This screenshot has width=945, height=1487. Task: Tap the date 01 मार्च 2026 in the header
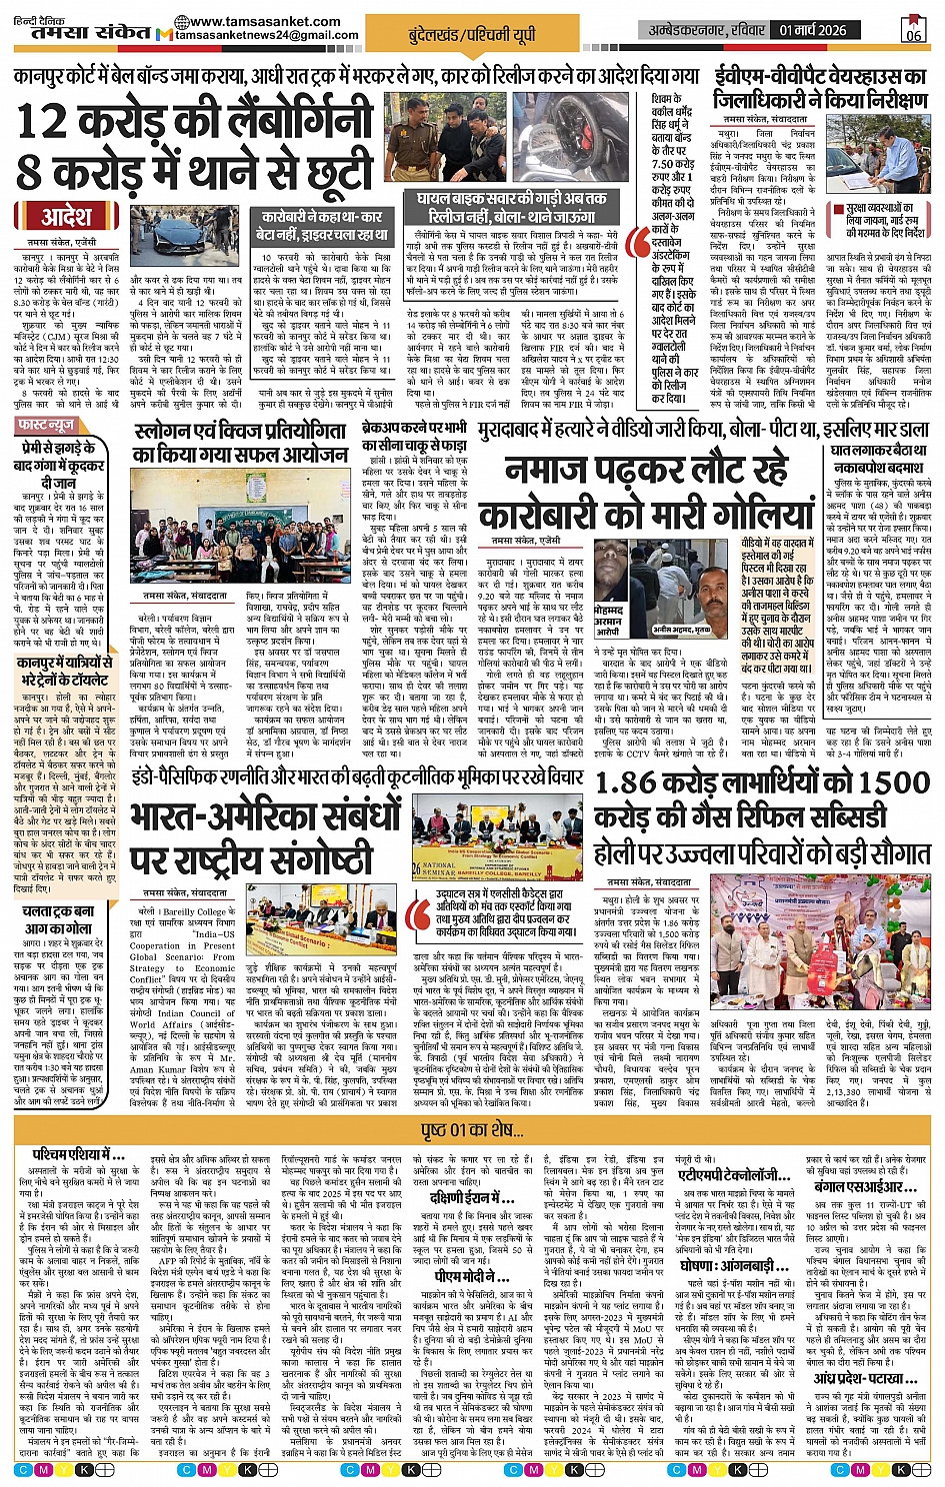tap(813, 30)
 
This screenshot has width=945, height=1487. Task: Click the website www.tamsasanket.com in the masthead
tap(248, 21)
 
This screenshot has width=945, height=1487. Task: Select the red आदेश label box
tap(66, 217)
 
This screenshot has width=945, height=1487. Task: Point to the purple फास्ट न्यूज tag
tap(45, 426)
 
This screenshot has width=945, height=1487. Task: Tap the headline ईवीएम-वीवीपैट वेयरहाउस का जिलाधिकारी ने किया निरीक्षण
tap(820, 88)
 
